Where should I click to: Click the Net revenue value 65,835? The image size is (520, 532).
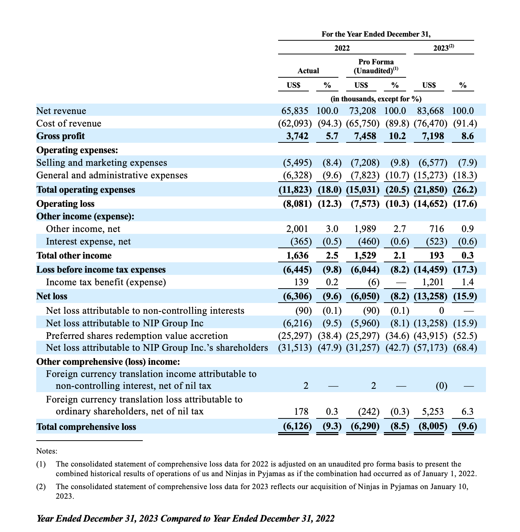295,111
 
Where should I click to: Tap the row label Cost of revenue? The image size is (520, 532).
69,124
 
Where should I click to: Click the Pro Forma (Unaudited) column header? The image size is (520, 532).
376,66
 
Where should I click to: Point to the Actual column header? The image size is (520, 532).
308,71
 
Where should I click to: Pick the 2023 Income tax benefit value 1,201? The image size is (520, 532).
433,283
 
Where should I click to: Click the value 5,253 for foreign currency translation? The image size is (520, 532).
433,412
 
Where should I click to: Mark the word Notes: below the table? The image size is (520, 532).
47,451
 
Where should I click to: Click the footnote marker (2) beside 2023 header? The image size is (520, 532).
451,46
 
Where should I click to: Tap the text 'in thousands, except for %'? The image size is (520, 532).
376,99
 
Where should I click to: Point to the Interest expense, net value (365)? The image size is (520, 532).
301,242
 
